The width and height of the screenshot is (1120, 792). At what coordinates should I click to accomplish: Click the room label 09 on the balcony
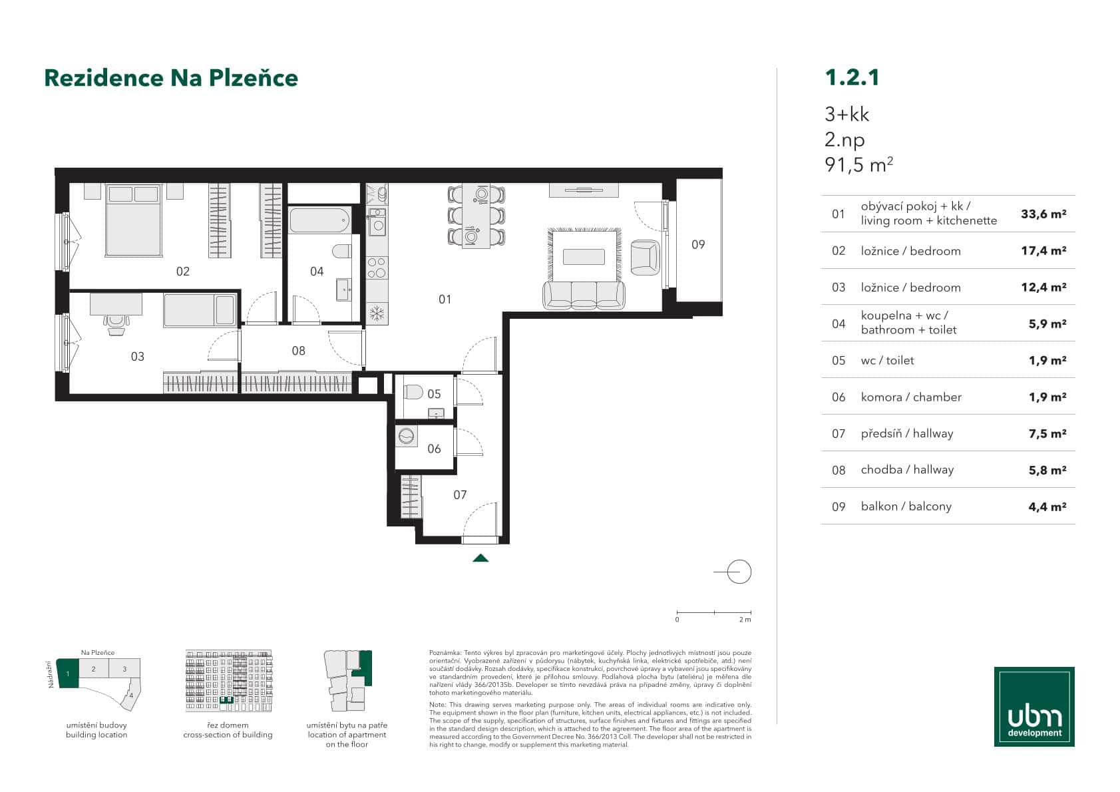coord(697,244)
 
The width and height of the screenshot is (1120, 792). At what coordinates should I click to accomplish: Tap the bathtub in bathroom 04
coord(320,220)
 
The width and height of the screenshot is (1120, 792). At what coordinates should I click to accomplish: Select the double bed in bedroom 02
coord(134,220)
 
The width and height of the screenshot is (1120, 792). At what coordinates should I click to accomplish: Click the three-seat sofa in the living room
coord(584,296)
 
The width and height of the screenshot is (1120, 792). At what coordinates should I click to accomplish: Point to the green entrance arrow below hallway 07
coord(480,558)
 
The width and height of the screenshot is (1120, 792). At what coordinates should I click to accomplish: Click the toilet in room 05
coord(413,392)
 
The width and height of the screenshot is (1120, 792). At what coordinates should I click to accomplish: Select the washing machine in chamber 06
coord(407,437)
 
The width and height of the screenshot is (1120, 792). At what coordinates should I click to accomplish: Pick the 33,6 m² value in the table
coord(1043,214)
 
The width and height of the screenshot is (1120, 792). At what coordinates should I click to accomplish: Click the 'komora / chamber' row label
coord(910,397)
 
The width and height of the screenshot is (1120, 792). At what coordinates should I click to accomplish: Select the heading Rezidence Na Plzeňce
coord(171,78)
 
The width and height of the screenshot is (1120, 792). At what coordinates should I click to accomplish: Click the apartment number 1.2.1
coord(852,77)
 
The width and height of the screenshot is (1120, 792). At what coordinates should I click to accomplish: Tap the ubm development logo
coord(1033,706)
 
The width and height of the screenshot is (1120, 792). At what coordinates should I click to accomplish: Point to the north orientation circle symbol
coord(739,572)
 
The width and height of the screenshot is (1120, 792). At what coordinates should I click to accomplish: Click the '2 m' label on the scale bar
coord(745,620)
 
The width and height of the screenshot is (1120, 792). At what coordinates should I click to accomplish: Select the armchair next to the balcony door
coord(644,257)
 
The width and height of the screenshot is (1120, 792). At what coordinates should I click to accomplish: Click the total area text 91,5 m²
coord(858,164)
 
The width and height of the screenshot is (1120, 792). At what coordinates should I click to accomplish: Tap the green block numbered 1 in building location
coord(68,674)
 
